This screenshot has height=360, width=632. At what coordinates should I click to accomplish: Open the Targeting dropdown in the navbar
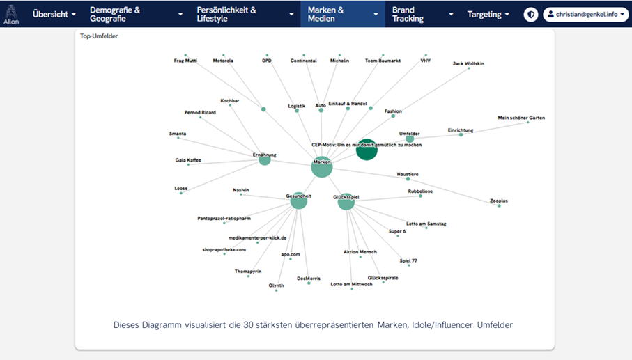point(488,14)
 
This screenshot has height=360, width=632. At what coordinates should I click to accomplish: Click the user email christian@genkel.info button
point(585,14)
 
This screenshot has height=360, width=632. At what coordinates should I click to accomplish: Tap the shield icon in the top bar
point(531,14)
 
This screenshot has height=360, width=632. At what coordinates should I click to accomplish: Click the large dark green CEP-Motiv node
point(367,149)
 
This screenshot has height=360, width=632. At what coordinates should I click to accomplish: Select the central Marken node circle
point(322,167)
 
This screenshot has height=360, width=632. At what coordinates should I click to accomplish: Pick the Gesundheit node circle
point(298,201)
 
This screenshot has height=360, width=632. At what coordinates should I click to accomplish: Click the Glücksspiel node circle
point(346,202)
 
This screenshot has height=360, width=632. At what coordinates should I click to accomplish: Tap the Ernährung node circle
point(265,159)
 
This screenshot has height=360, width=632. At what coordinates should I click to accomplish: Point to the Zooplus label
point(499,201)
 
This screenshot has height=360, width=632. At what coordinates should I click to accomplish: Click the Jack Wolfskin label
point(468,63)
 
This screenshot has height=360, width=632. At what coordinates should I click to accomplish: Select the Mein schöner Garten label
point(521,118)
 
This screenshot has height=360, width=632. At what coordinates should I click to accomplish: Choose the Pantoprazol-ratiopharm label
point(224,218)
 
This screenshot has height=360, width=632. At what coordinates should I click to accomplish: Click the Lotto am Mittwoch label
point(351,284)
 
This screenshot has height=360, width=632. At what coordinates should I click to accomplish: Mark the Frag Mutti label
point(185,61)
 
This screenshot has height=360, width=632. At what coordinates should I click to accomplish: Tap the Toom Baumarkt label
point(383,61)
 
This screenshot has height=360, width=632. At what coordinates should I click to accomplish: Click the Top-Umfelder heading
point(99,36)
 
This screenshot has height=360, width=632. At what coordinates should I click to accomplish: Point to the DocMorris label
point(309,278)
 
